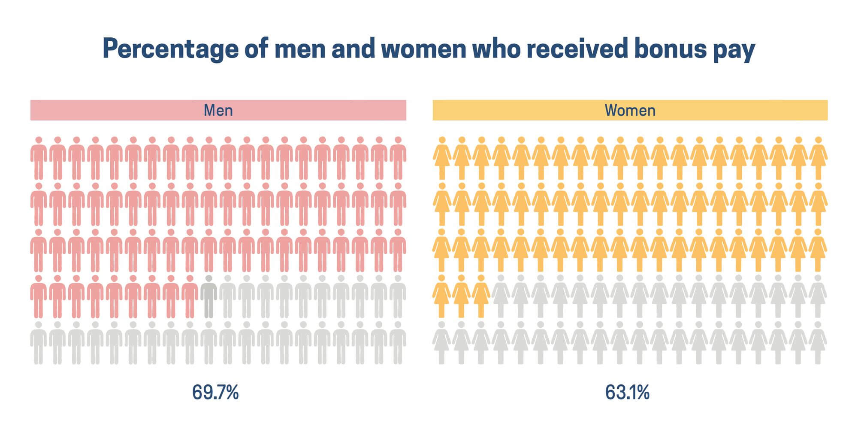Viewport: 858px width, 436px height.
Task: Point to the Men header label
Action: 218,110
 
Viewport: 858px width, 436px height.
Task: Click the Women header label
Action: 630,110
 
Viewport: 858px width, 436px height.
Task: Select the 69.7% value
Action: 215,392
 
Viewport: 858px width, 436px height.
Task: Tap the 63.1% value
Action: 627,392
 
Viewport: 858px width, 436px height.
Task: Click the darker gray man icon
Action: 208,296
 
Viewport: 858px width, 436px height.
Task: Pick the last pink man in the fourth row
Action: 190,296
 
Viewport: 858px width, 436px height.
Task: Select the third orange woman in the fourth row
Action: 481,296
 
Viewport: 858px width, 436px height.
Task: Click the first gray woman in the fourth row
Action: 501,296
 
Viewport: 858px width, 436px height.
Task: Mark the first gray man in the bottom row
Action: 39,343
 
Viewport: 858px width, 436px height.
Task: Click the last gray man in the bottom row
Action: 398,343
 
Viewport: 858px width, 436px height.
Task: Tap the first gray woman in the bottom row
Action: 442,343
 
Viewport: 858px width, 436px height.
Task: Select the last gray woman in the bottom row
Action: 818,343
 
